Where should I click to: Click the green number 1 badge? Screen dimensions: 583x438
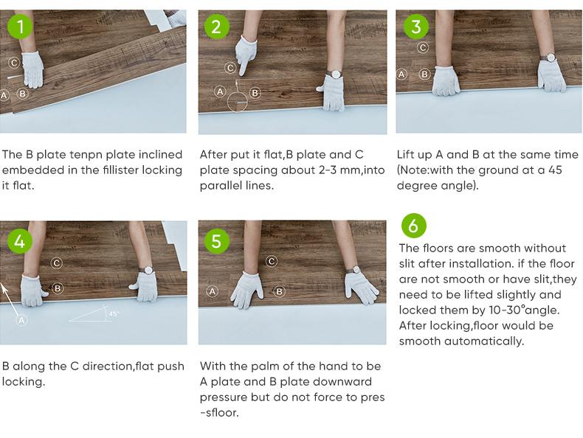[20, 27]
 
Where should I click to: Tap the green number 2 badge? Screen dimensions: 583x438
[217, 27]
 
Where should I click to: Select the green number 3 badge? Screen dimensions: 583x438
[416, 27]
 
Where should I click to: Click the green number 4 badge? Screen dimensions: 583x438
[19, 241]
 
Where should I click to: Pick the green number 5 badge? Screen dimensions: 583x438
[217, 241]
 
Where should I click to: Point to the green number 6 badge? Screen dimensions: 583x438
[413, 226]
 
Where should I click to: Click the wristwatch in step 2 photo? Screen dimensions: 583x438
[336, 74]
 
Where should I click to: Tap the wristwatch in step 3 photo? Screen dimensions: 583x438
[548, 58]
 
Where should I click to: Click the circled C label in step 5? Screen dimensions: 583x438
[272, 261]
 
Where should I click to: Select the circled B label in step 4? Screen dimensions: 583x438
[58, 288]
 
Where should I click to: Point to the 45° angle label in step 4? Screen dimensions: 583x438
[114, 314]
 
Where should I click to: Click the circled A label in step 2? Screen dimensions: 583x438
[220, 91]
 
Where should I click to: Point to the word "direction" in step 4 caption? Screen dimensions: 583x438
[107, 366]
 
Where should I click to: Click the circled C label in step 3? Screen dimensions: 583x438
[423, 47]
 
